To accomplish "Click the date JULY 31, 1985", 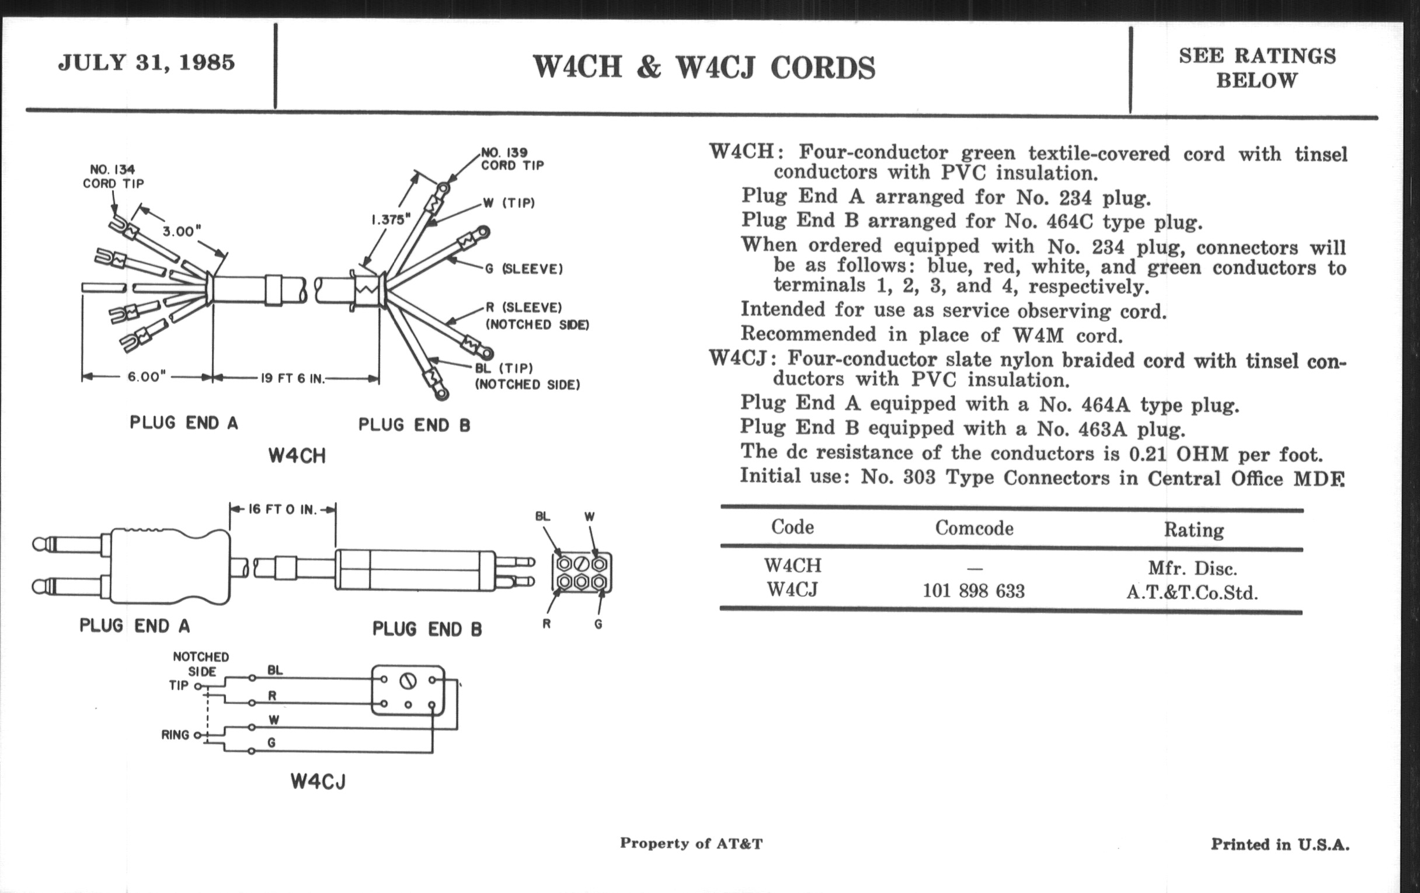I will (146, 62).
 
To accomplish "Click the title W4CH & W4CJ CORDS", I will (704, 67).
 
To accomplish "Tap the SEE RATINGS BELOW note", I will (1257, 68).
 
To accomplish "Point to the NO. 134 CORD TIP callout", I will (113, 177).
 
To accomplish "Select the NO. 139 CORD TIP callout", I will (511, 159).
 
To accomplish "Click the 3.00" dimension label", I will (179, 231).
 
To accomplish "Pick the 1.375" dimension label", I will (391, 220).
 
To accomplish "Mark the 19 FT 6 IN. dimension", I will (293, 378).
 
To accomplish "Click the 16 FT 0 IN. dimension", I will (282, 510).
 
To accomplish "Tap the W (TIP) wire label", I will (509, 203).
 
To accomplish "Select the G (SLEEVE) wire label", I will (524, 269).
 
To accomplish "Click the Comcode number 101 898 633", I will (973, 591).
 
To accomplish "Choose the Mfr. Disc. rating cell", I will (1192, 568).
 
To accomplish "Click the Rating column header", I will (1193, 530).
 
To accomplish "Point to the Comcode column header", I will (974, 528).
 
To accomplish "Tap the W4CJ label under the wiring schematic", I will (318, 782).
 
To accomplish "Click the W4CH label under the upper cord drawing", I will (297, 456).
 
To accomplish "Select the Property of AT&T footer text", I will (691, 843).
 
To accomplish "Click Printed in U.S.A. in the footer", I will (1280, 845).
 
